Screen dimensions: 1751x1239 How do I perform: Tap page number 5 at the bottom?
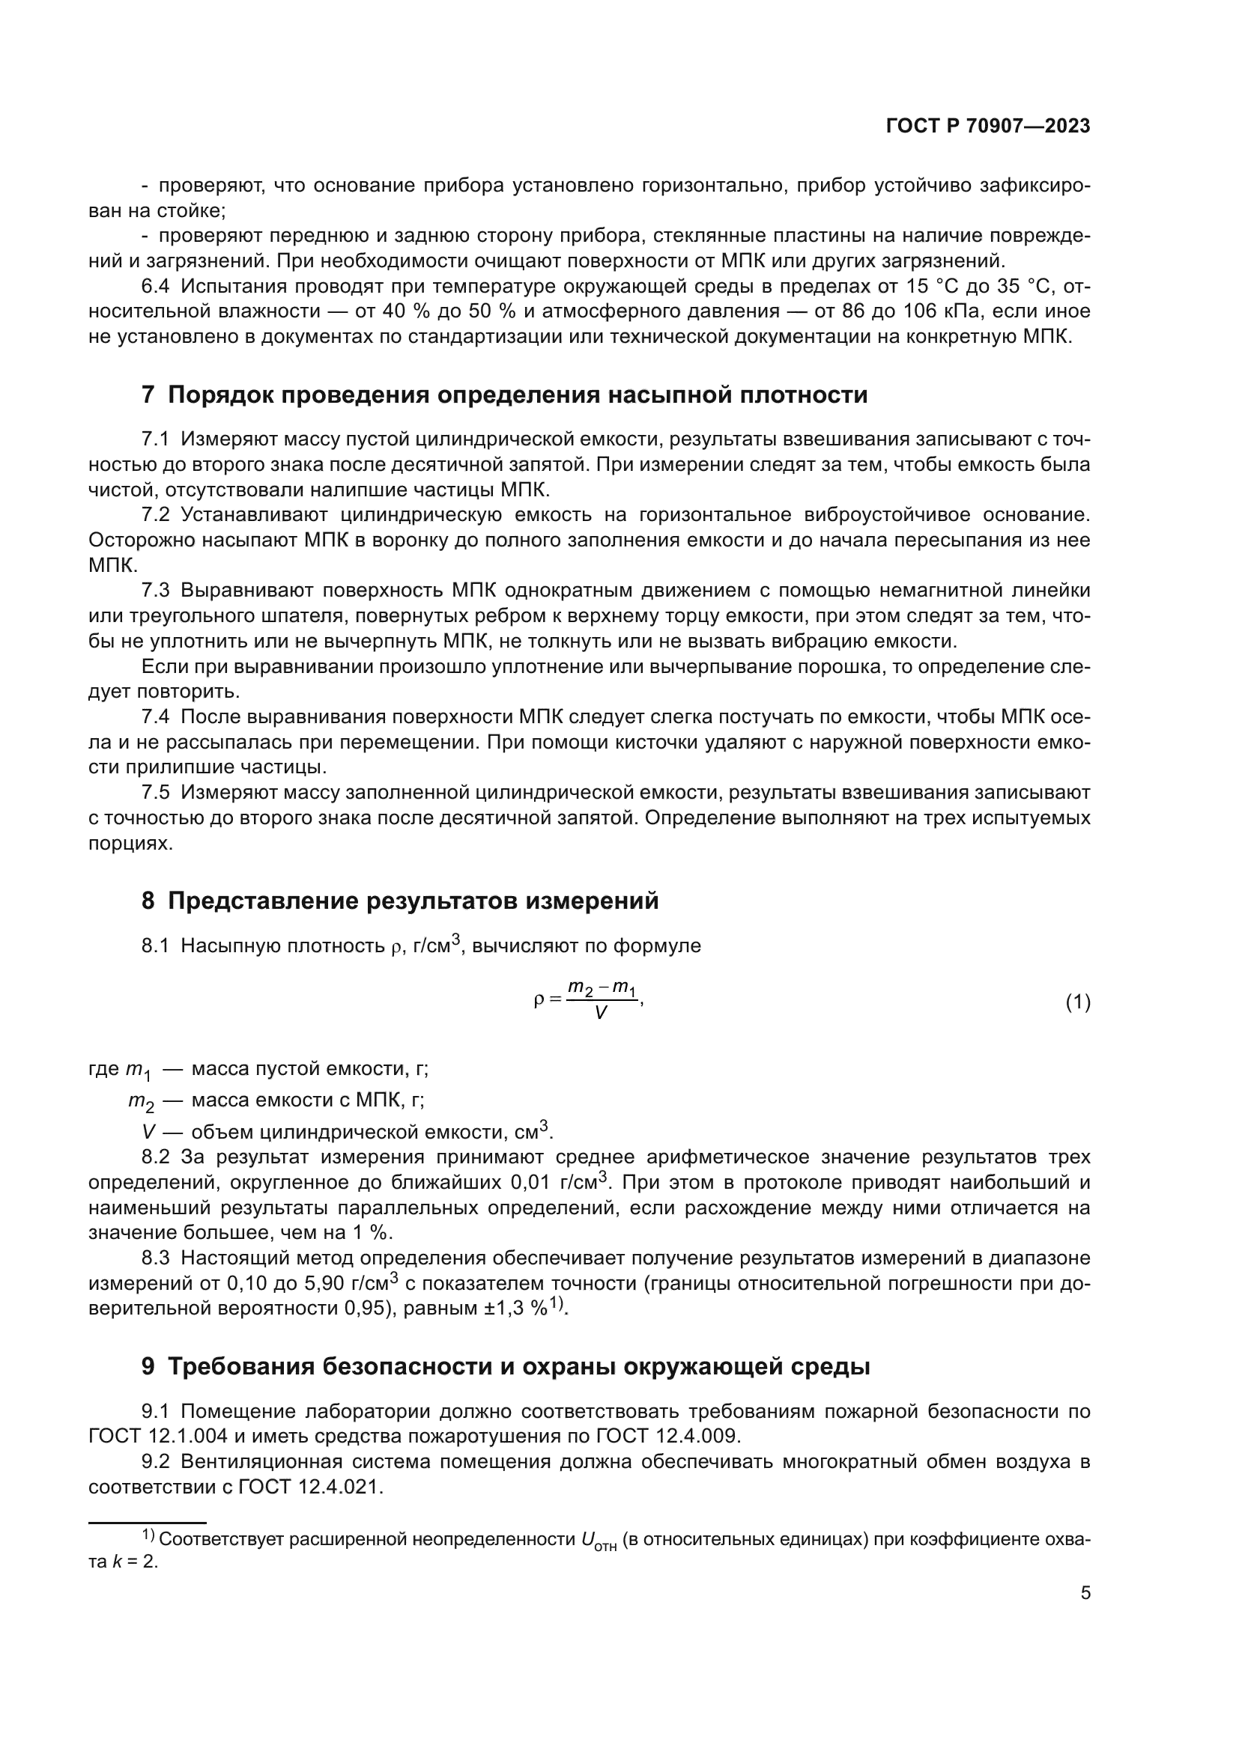1085,1593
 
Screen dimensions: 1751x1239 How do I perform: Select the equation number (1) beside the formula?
1077,1002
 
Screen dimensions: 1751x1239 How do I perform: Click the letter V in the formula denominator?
601,1014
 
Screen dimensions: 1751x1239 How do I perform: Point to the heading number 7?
148,395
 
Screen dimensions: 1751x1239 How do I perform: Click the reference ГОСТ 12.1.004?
158,1436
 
